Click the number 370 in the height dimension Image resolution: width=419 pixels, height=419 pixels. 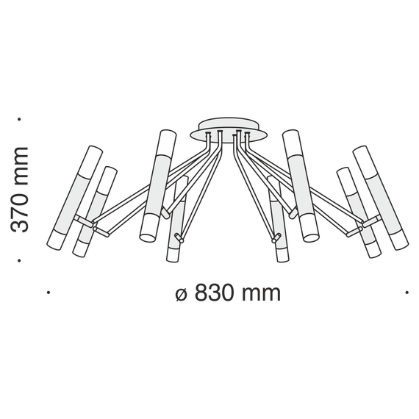click(x=20, y=210)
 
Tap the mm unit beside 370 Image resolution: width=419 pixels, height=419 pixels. click(x=20, y=167)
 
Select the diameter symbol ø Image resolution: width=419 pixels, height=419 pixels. click(x=182, y=293)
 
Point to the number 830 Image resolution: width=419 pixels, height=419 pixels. click(x=218, y=293)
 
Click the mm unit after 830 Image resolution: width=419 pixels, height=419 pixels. click(x=262, y=293)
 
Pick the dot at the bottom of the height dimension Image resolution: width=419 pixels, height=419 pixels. click(x=20, y=260)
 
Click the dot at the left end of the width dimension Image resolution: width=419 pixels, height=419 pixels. click(x=49, y=293)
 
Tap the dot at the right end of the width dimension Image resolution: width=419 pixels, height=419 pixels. click(x=407, y=293)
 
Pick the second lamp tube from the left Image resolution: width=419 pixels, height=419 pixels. click(x=96, y=212)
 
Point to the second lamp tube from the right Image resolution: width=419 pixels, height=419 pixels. click(x=359, y=212)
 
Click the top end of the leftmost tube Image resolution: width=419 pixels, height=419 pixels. click(x=93, y=151)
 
